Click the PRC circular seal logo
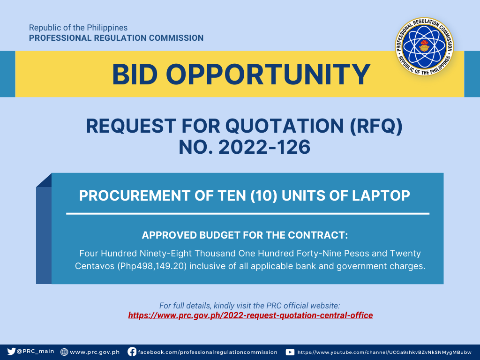(424, 46)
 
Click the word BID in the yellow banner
(135, 75)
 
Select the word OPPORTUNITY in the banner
(268, 75)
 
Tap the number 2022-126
(264, 147)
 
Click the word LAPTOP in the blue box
(381, 195)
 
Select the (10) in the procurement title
(263, 196)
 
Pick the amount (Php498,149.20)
(152, 266)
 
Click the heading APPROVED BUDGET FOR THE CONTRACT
(245, 235)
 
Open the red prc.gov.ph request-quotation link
(250, 315)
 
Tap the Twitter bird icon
(11, 352)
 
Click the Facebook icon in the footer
(132, 352)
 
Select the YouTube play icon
(290, 352)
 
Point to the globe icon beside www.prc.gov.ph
(64, 352)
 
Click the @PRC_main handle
(36, 352)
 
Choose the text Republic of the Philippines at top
(78, 28)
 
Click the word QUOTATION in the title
(285, 126)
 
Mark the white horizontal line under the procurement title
(247, 214)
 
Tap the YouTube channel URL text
(384, 352)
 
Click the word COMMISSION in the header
(176, 38)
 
